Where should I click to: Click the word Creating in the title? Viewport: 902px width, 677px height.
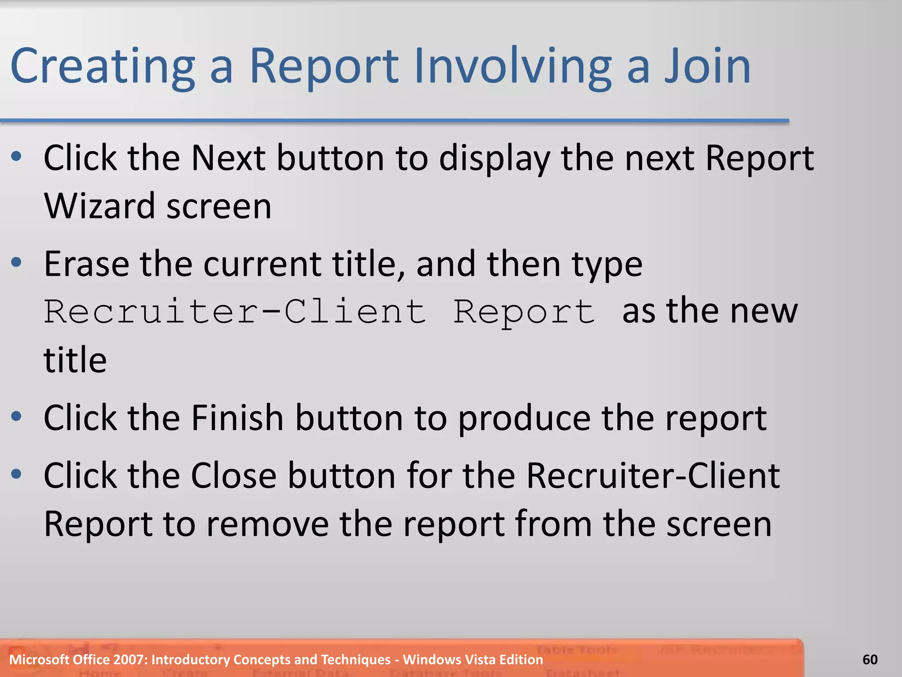[102, 66]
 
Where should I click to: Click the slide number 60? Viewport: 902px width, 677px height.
[870, 659]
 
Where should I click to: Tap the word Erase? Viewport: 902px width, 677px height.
[86, 264]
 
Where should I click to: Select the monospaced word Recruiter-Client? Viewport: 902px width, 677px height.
[235, 312]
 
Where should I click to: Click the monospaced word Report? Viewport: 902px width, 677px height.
[524, 312]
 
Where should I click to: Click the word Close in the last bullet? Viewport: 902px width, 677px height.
[233, 476]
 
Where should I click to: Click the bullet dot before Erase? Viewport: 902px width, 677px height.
[16, 263]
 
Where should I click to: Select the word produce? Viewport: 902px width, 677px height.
[524, 418]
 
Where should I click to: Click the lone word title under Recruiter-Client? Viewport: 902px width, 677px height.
[75, 360]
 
